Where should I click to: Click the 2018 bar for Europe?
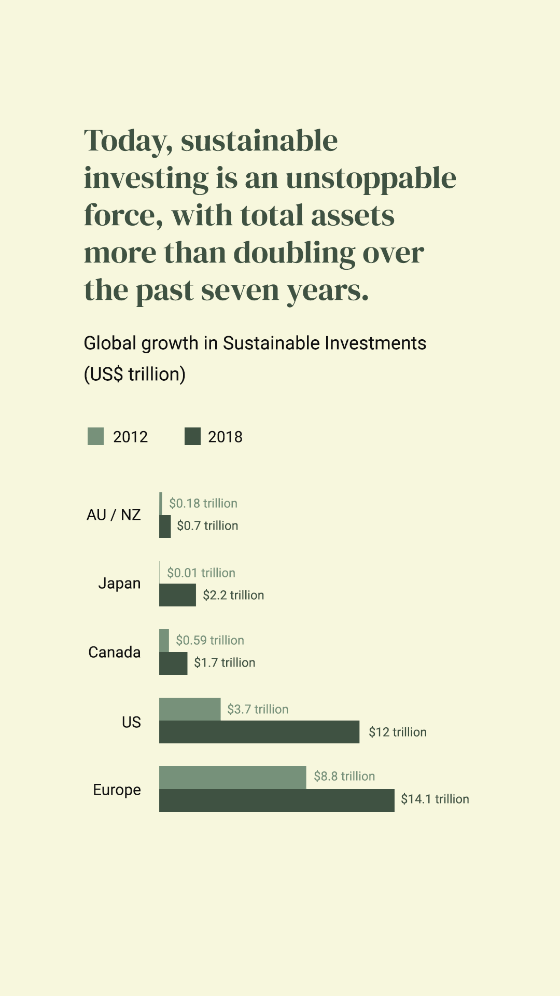pos(276,800)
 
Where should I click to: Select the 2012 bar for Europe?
pos(232,777)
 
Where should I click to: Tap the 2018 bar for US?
pos(259,731)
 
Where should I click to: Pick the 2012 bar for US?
pos(190,709)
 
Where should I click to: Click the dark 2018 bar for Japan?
pos(177,595)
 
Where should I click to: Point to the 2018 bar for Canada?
pos(173,663)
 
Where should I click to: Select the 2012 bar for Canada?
pos(164,640)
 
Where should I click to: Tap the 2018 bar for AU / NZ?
pos(165,526)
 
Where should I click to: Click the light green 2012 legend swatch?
pos(96,436)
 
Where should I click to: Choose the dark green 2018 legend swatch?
pos(192,436)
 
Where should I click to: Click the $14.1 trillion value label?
pos(435,799)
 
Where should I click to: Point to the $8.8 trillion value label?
pos(344,776)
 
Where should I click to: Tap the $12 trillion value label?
pos(398,732)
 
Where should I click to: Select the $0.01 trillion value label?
pos(201,573)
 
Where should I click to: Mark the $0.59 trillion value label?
pos(210,640)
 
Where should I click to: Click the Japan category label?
pos(119,584)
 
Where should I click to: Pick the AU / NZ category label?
pos(114,515)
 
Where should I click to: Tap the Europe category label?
pos(117,790)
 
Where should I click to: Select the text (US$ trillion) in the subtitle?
pos(135,374)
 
